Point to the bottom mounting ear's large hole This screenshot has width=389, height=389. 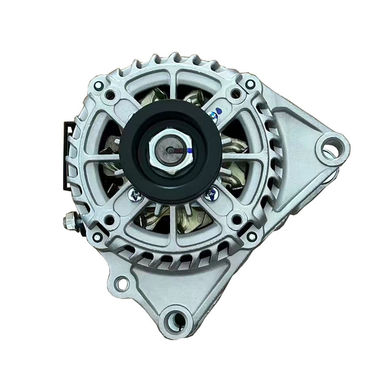click(x=176, y=319)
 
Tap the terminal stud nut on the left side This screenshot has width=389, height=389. click(x=70, y=222)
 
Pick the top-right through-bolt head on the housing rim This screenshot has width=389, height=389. click(x=250, y=84)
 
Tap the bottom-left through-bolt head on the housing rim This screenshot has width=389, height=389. click(x=98, y=237)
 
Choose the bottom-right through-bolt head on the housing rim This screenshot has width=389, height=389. click(x=252, y=237)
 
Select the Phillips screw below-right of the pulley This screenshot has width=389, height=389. click(x=211, y=195)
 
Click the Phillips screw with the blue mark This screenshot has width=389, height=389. click(x=212, y=117)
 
